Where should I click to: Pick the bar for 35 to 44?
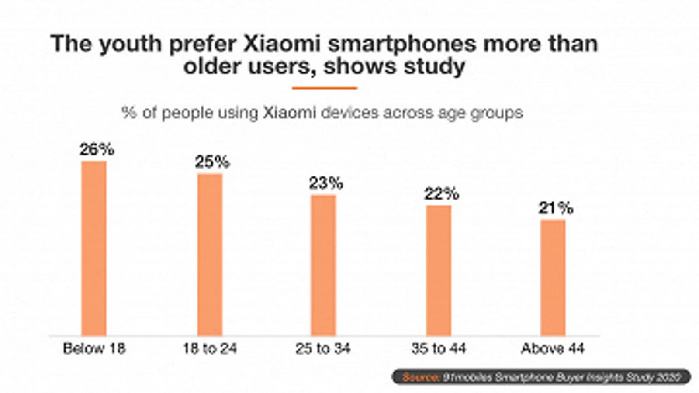pos(439,270)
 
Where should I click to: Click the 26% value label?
pos(97,150)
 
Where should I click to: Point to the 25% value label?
pos(212,162)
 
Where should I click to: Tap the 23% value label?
pos(326,183)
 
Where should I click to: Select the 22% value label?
pos(441,194)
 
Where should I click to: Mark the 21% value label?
pos(555,208)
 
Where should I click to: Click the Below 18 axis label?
pos(94,348)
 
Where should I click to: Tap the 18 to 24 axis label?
pos(210,348)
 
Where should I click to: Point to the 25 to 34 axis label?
pos(323,348)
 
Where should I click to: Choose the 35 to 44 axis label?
pos(438,348)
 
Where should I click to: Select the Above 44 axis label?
pos(553,348)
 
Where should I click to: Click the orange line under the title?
pos(325,88)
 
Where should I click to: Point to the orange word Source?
pos(420,377)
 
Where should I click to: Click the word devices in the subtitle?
pos(349,113)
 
